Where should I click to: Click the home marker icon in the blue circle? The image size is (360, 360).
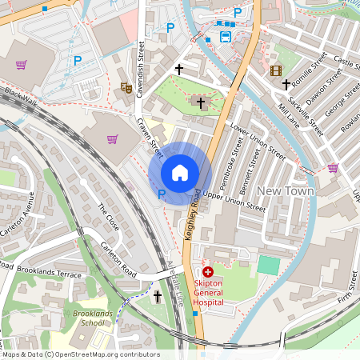[180, 172]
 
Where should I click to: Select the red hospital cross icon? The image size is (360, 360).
[208, 274]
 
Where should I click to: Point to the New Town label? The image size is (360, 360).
[285, 191]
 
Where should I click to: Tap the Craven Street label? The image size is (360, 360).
[150, 137]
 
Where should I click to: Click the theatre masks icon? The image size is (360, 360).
[126, 88]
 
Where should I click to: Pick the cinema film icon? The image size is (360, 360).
[276, 70]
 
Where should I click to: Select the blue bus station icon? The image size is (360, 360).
[226, 37]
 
